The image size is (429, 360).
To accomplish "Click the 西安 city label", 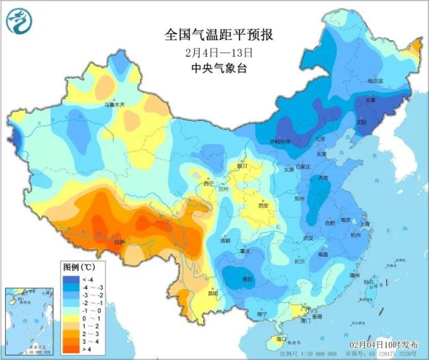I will click(265, 205).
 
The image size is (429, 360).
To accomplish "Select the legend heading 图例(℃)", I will click(79, 268).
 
